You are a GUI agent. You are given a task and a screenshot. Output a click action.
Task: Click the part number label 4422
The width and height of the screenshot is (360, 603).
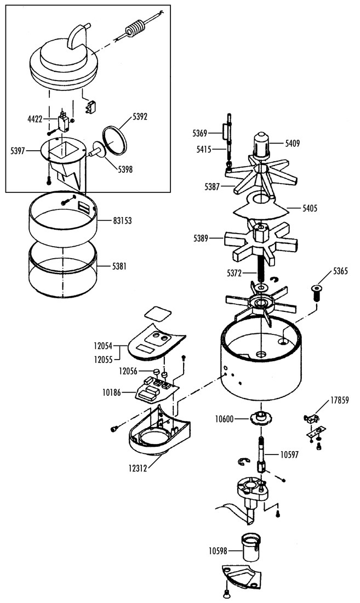click(x=35, y=119)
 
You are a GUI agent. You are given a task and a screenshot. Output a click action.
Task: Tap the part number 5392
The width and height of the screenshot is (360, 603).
click(x=140, y=117)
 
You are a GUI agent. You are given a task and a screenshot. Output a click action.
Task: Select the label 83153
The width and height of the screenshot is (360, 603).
click(x=122, y=221)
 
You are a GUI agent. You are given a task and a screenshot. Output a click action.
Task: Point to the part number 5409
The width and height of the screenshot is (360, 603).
click(x=292, y=144)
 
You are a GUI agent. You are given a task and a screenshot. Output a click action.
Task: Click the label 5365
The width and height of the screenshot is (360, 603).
click(x=340, y=271)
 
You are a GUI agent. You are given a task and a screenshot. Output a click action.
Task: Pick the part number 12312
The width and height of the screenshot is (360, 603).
click(x=138, y=469)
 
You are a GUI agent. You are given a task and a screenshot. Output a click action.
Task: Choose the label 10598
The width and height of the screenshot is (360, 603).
click(x=218, y=551)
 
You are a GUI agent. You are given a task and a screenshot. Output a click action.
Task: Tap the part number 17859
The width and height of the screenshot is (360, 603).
click(x=340, y=400)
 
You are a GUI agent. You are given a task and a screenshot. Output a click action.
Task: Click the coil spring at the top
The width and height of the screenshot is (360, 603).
click(x=136, y=29)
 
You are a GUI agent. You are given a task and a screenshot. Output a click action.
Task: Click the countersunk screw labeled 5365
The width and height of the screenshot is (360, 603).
click(x=316, y=293)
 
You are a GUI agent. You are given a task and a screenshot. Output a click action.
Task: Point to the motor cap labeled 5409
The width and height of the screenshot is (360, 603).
click(x=261, y=145)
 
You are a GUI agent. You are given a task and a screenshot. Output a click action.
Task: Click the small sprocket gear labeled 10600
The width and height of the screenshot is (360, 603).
click(x=260, y=418)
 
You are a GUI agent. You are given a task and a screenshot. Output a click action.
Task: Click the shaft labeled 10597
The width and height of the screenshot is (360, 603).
click(x=261, y=456)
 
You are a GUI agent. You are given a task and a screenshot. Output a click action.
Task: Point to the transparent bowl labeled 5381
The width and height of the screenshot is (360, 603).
click(x=63, y=271)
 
